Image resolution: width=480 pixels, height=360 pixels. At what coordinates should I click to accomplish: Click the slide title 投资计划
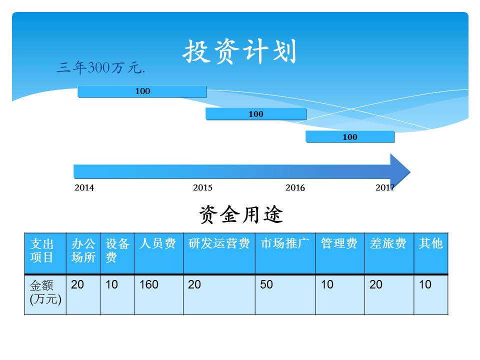(x=239, y=51)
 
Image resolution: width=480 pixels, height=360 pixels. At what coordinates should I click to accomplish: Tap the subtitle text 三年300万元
(x=100, y=67)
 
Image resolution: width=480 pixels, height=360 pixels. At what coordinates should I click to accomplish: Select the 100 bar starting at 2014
(x=142, y=91)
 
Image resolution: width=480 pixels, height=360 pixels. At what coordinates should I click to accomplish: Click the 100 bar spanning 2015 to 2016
(x=256, y=114)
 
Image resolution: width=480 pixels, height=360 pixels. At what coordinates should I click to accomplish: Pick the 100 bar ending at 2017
(x=350, y=137)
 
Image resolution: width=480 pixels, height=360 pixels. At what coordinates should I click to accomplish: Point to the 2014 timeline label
(x=84, y=187)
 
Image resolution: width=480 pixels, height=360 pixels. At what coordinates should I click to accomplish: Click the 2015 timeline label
(x=202, y=187)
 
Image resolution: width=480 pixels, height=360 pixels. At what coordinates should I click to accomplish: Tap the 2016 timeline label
(x=295, y=187)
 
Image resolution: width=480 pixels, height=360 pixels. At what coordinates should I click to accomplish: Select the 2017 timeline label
(x=385, y=187)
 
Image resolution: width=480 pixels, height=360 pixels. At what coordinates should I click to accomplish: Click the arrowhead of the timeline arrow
(x=400, y=171)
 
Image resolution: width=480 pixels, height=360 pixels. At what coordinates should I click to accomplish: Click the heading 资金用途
(x=241, y=214)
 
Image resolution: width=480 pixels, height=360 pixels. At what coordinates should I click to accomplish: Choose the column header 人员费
(x=157, y=243)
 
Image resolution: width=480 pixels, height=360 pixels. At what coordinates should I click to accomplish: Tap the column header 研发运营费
(x=219, y=243)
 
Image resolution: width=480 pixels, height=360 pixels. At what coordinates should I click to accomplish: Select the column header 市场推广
(x=285, y=243)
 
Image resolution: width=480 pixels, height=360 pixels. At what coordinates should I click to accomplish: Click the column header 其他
(x=430, y=243)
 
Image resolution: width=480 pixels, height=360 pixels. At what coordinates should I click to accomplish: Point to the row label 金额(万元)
(x=45, y=292)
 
